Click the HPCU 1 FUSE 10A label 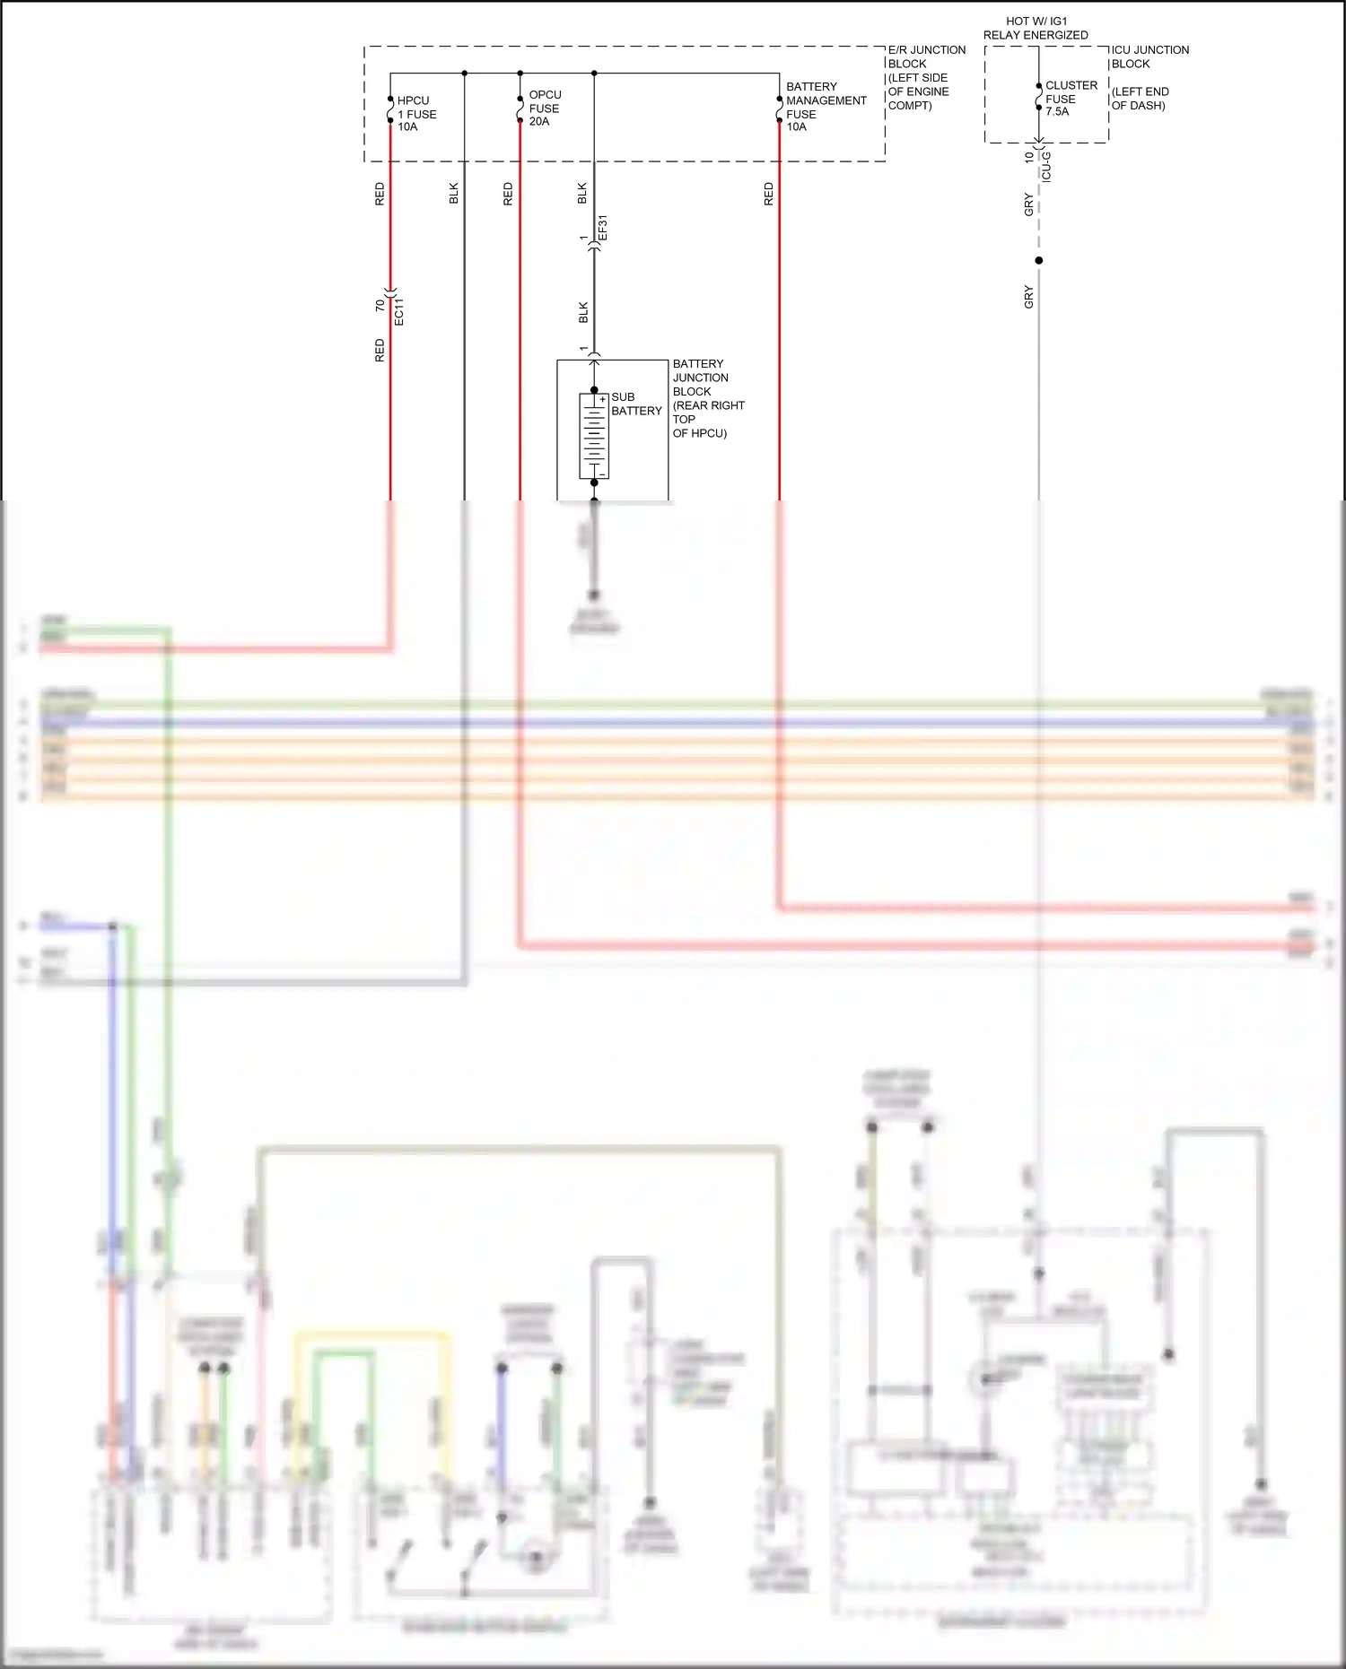416,114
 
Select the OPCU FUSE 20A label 545,108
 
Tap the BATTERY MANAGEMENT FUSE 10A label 826,107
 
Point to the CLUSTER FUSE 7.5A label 1071,99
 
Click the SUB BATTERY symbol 594,436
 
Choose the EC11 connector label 399,311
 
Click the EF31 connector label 603,228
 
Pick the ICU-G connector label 1046,167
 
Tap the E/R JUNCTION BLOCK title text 926,77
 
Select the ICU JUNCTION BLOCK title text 1149,57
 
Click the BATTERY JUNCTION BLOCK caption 708,398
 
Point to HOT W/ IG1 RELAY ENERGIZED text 1036,28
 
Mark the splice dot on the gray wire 1039,260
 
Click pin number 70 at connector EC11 380,306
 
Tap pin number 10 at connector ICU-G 1028,156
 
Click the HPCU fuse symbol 390,109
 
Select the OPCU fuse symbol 520,109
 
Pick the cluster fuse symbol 1039,97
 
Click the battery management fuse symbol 779,109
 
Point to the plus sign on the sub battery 602,399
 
